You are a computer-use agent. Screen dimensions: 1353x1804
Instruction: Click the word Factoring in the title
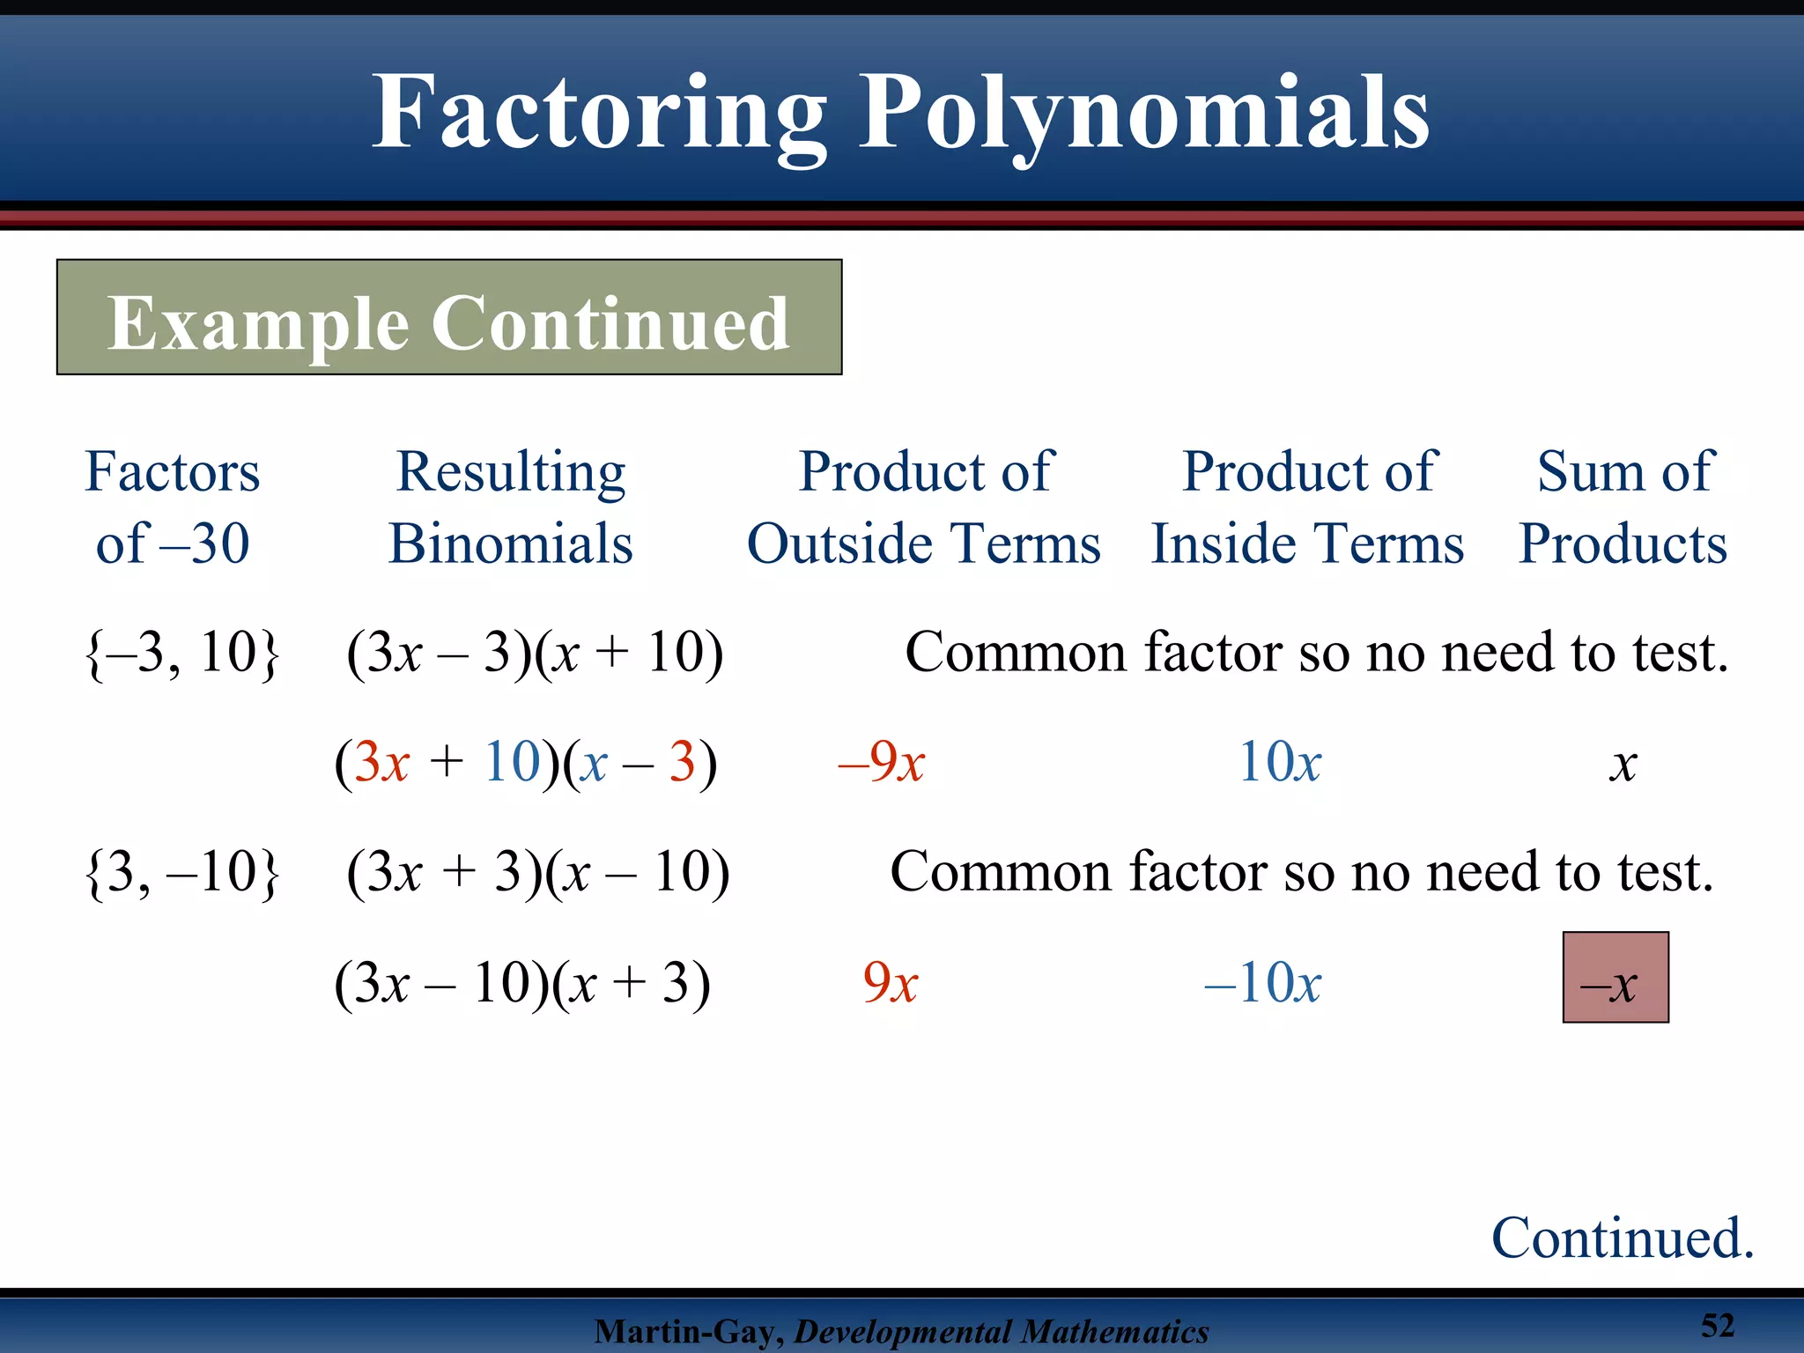click(x=599, y=115)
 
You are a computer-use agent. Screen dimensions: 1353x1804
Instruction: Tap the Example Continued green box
click(x=449, y=318)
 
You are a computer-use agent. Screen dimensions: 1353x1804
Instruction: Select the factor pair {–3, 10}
click(x=182, y=654)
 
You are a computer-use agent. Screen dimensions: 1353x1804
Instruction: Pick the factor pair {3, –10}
click(x=182, y=873)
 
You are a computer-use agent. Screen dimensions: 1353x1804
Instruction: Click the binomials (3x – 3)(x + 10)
click(x=535, y=654)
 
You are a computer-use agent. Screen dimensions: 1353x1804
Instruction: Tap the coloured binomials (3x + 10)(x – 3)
click(x=526, y=763)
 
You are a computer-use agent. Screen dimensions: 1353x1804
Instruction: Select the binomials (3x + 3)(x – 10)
click(x=538, y=873)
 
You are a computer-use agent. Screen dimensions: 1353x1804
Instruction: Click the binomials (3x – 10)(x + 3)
click(x=522, y=983)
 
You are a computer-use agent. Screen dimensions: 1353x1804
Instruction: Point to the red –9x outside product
click(x=881, y=763)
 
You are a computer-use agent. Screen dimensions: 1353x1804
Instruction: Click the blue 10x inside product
click(x=1280, y=763)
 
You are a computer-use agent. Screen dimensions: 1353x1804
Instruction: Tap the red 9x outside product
click(x=891, y=983)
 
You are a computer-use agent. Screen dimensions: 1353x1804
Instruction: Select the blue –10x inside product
click(x=1263, y=983)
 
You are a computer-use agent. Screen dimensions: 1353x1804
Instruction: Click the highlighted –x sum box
click(x=1615, y=978)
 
